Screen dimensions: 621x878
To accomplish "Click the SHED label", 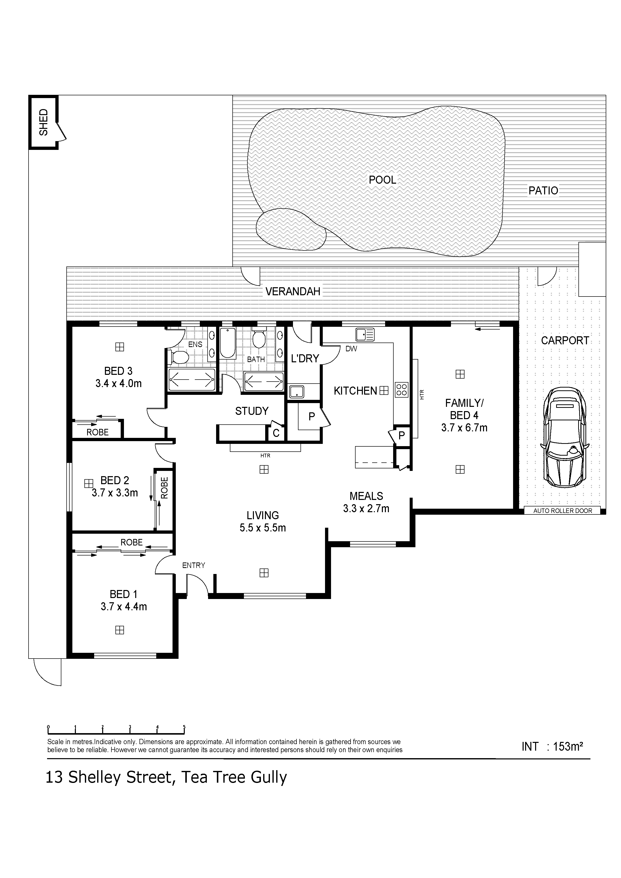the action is (44, 122).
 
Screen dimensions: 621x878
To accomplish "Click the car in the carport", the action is (565, 437).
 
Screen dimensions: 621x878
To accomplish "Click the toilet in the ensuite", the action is (179, 358).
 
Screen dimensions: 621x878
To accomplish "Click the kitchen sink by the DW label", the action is (365, 335).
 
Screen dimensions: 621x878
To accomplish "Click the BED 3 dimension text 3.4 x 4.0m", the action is (119, 384).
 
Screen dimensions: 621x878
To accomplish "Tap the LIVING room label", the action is (263, 515).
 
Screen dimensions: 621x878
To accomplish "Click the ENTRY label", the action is (194, 565).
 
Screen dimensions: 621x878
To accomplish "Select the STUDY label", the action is (252, 411).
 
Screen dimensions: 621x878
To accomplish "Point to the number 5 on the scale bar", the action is (184, 727).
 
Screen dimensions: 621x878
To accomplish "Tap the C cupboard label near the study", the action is (276, 434).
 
